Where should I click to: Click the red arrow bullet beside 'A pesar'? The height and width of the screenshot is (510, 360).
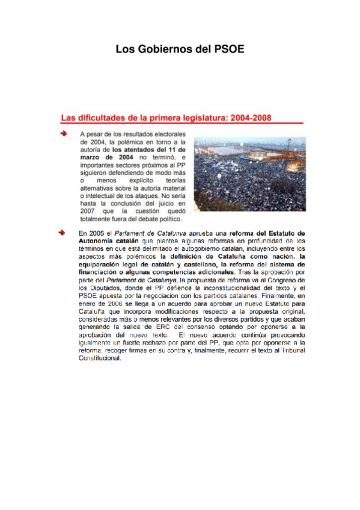pyautogui.click(x=63, y=133)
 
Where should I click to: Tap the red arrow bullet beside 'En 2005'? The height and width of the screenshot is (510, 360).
pyautogui.click(x=63, y=232)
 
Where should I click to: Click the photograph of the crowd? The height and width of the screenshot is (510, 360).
pyautogui.click(x=249, y=173)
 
